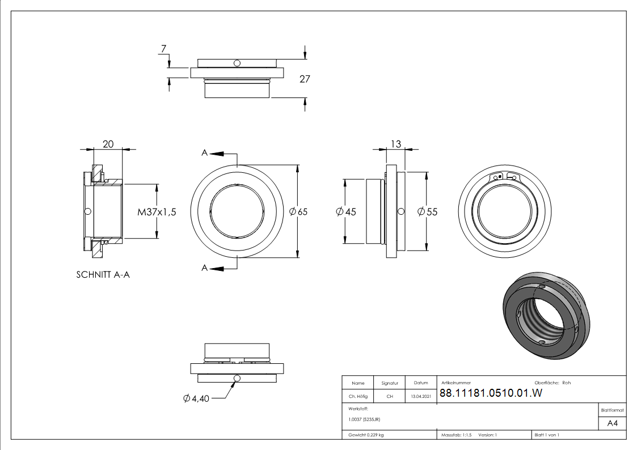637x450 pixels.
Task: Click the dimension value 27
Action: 305,79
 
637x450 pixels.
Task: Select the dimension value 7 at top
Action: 164,49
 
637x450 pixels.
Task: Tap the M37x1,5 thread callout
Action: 157,212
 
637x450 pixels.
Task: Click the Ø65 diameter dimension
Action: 298,211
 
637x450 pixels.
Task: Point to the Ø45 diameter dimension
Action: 346,211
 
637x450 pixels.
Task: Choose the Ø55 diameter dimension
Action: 427,211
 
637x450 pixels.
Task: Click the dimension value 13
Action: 396,144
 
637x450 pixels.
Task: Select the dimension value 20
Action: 108,144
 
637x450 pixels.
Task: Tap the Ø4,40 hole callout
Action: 196,398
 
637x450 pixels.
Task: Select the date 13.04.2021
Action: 420,396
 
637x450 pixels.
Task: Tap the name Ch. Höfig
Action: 358,396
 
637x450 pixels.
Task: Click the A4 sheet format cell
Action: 612,423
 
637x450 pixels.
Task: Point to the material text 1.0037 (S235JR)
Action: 364,419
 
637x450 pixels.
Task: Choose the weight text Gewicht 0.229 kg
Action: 366,435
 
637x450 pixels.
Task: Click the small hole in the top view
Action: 237,62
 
